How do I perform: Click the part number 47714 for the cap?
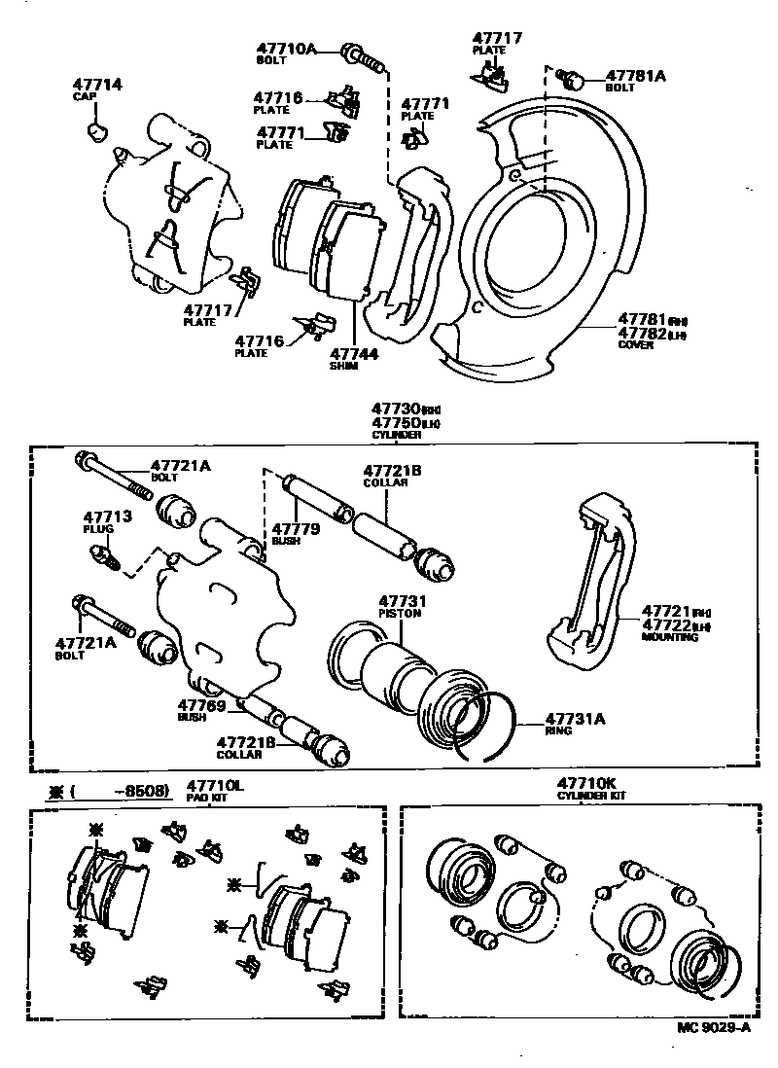(97, 86)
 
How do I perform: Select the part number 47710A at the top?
(287, 48)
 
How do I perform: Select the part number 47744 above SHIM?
(353, 354)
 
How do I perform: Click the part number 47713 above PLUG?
(100, 516)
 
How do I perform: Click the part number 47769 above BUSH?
(201, 705)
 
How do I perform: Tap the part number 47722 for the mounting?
(666, 625)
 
